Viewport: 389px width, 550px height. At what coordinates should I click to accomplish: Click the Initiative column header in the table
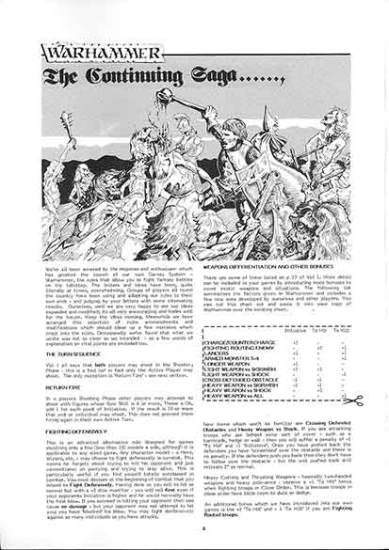[295, 331]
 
